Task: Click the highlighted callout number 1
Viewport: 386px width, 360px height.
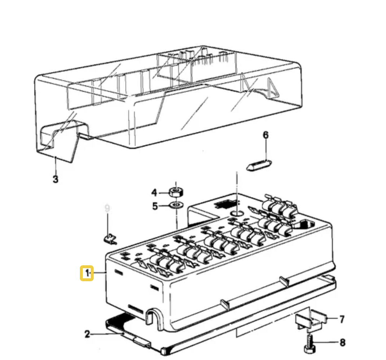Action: pos(87,273)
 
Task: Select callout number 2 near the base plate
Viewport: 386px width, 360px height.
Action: pos(87,334)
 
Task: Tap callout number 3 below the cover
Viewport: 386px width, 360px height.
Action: pos(55,179)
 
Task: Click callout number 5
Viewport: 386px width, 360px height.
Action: pos(155,206)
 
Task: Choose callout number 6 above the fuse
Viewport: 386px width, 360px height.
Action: pos(266,135)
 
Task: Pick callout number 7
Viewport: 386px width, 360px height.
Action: pos(342,319)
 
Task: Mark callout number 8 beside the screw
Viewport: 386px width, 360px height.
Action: pos(342,342)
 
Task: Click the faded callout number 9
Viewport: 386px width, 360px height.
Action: pos(107,209)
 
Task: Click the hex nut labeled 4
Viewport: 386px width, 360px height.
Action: pos(176,191)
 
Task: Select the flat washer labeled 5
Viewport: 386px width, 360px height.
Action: pos(176,206)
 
